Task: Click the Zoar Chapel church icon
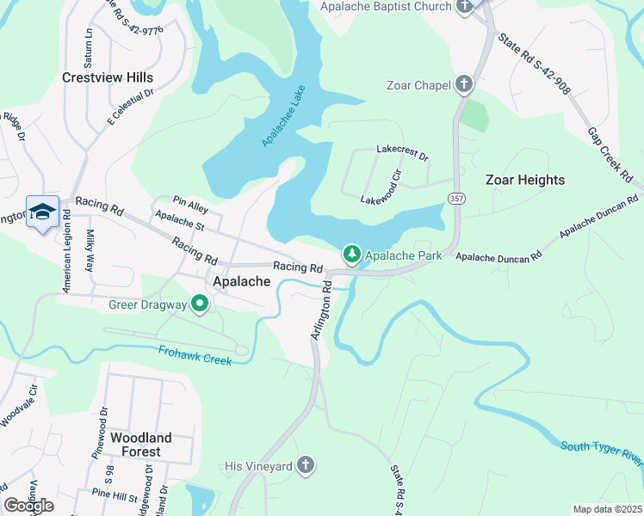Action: pos(464,84)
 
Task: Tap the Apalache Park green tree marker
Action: pos(351,255)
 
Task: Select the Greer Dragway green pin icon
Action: pos(200,304)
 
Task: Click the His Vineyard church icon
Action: pos(304,466)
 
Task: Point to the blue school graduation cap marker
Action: pos(42,212)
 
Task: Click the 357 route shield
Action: pos(455,199)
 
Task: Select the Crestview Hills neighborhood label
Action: pos(108,77)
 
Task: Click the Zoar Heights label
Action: pos(525,180)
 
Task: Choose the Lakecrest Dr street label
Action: pos(402,152)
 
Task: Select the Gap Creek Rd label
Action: pos(607,155)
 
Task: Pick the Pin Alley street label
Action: pos(190,208)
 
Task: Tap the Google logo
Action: pos(28,506)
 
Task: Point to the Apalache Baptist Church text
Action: pos(386,7)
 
